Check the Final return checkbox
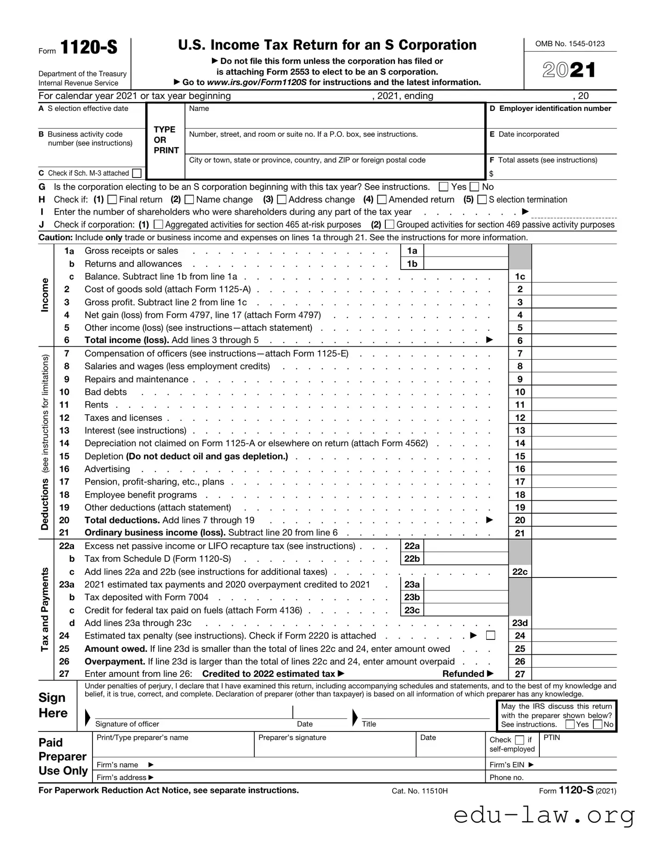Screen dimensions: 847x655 (x=112, y=200)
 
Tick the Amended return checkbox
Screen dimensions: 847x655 (x=382, y=200)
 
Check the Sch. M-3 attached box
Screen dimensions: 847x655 (x=136, y=173)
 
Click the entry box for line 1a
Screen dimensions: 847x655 (x=465, y=251)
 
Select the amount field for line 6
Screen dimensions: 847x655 (x=574, y=341)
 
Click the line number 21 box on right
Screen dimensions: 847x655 (x=520, y=533)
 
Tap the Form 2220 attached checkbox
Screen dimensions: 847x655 (x=491, y=636)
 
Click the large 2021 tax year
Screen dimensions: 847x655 (x=569, y=70)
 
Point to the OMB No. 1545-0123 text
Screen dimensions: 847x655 (x=570, y=44)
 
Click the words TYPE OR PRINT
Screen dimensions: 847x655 (x=166, y=140)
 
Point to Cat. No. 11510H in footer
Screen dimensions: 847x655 (x=420, y=791)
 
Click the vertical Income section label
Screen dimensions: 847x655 (x=45, y=295)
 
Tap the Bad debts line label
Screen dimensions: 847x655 (x=105, y=392)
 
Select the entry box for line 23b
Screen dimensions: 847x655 (x=465, y=597)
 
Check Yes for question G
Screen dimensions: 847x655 (x=444, y=187)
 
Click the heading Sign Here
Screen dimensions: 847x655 (x=53, y=706)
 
